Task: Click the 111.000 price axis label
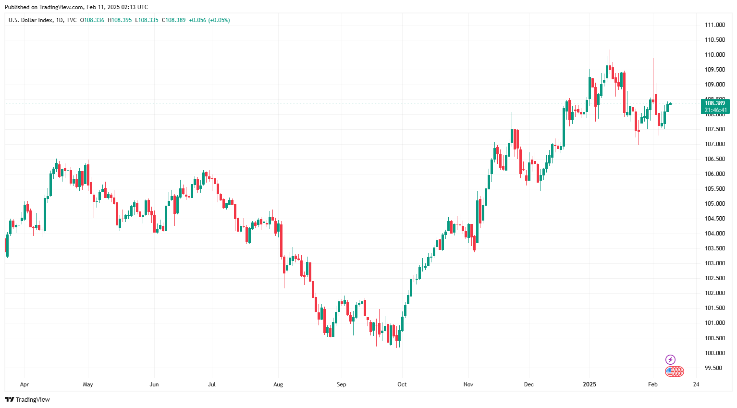[x=714, y=25]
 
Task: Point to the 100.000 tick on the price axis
[x=714, y=353]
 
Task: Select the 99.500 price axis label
[x=713, y=368]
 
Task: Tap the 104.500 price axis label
[x=714, y=219]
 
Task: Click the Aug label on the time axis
[x=278, y=384]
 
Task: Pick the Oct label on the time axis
[x=402, y=384]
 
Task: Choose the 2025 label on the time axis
[x=590, y=384]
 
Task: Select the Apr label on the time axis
[x=25, y=384]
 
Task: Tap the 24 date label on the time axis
[x=696, y=384]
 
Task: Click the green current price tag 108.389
[x=715, y=103]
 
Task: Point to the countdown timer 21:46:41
[x=715, y=110]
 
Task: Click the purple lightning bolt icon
[x=670, y=359]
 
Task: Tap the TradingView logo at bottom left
[x=27, y=399]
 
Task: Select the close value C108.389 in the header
[x=173, y=20]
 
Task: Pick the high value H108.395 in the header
[x=120, y=20]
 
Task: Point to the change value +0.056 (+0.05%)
[x=209, y=20]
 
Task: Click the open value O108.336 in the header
[x=92, y=20]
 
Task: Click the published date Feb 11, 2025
[x=103, y=7]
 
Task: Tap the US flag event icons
[x=674, y=371]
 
